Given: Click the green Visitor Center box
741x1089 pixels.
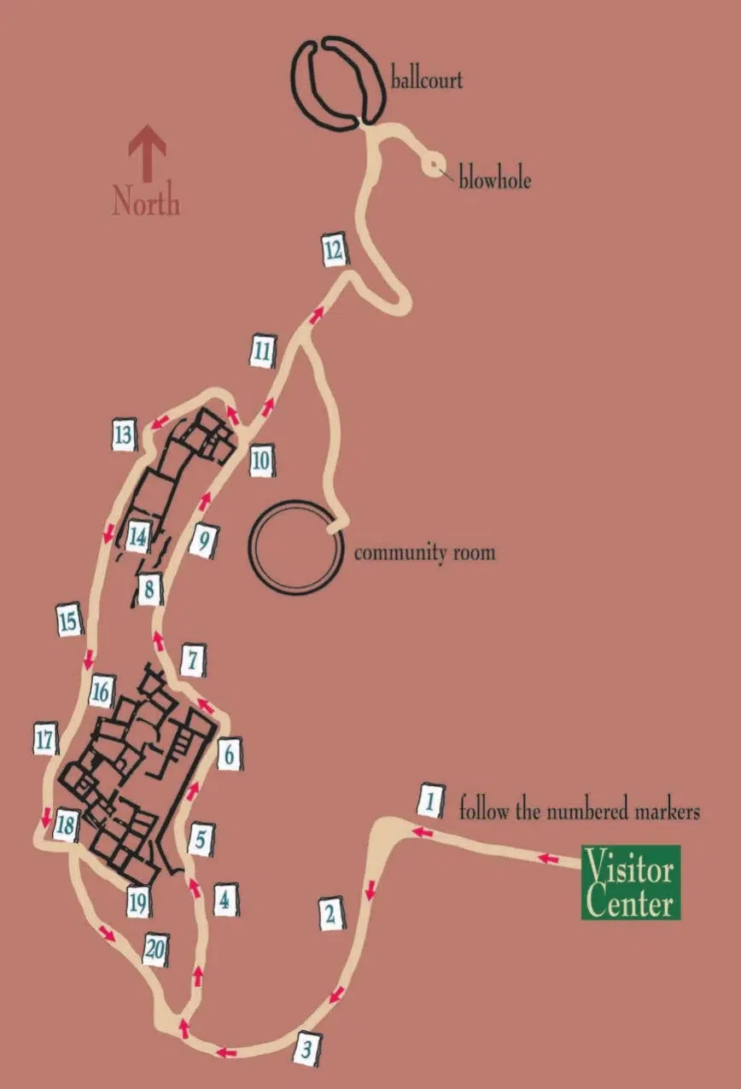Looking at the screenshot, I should (631, 882).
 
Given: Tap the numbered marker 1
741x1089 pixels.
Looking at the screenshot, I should (431, 801).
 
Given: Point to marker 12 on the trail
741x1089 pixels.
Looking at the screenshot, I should (334, 248).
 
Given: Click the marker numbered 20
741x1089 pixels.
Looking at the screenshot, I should (155, 950).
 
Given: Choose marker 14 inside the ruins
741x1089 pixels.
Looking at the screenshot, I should (138, 537).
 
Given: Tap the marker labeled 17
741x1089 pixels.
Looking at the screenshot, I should (44, 739).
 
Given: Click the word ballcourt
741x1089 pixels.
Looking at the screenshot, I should (426, 81).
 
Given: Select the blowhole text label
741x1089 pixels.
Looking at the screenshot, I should (494, 181).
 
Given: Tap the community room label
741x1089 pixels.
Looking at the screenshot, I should (424, 552).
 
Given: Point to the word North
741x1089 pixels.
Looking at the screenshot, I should (146, 203).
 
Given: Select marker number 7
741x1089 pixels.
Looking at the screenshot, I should (194, 661).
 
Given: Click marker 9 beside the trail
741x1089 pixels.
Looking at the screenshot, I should (202, 540).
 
